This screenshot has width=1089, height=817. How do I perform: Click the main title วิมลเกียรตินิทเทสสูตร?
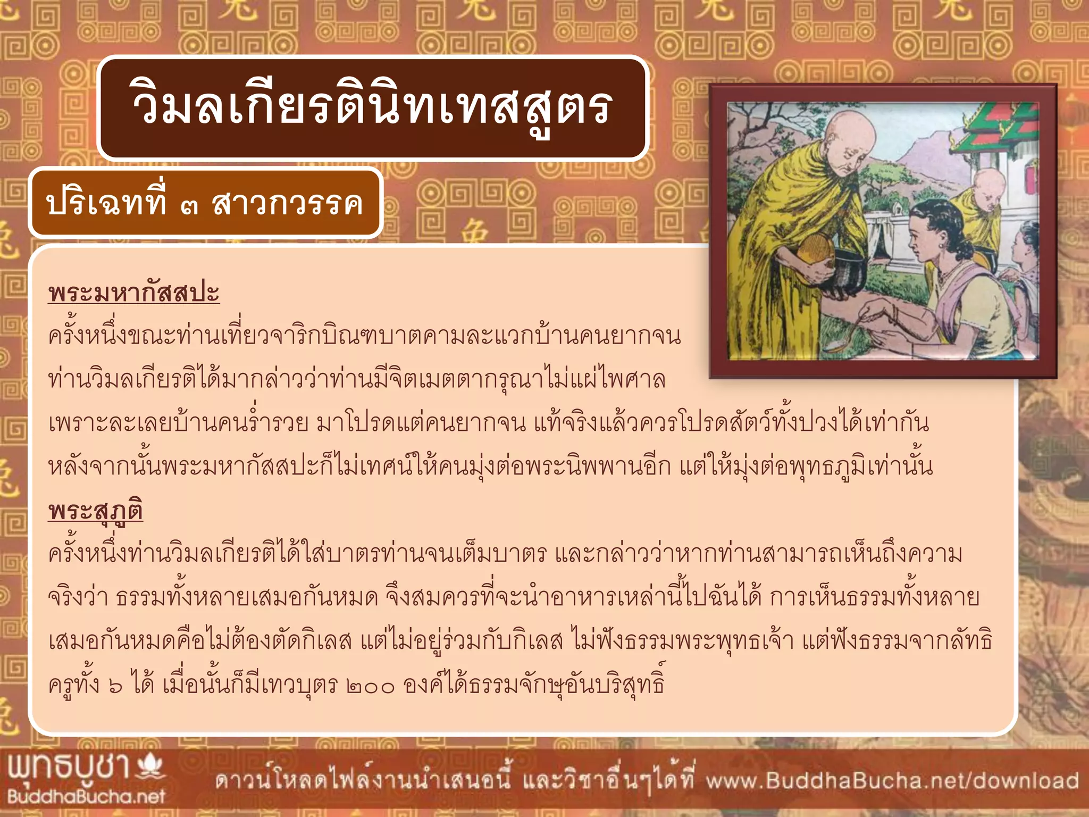point(372,108)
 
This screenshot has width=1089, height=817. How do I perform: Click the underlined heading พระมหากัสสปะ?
point(133,293)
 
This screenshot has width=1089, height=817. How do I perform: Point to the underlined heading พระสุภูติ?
point(95,511)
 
